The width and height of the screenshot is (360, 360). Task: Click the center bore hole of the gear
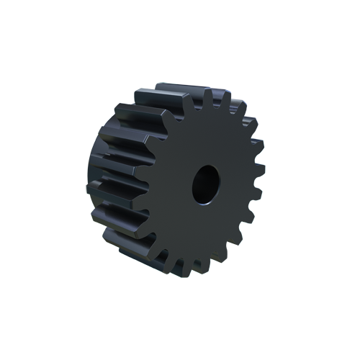pyautogui.click(x=206, y=183)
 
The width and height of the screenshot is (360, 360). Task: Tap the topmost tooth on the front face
pyautogui.click(x=207, y=96)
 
